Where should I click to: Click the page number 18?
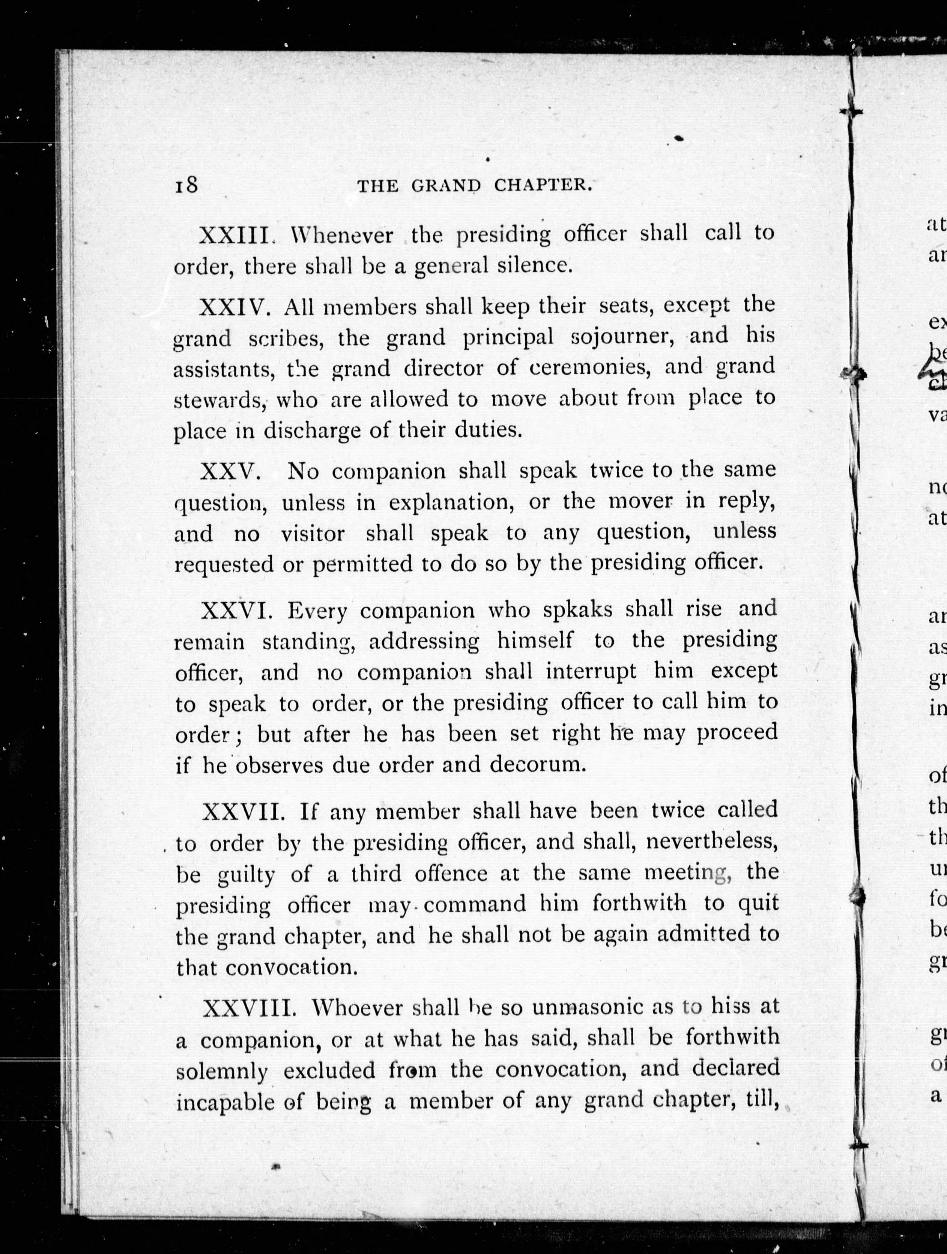(x=186, y=185)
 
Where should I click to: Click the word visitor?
(x=313, y=534)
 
